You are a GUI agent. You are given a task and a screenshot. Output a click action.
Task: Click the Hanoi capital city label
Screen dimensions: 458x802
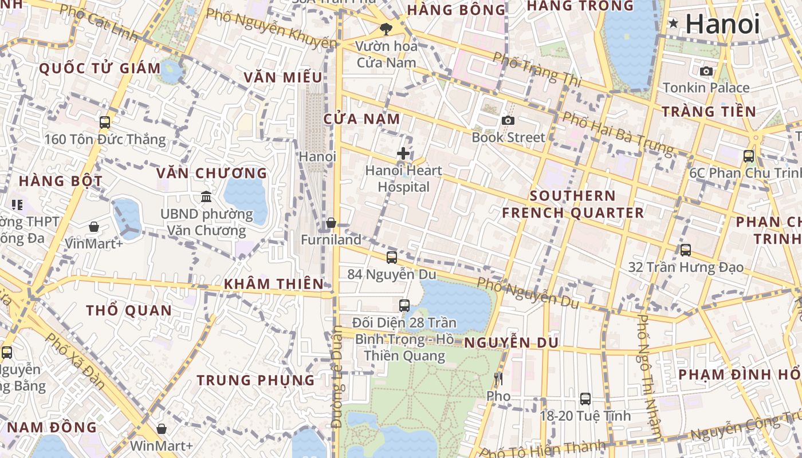point(722,24)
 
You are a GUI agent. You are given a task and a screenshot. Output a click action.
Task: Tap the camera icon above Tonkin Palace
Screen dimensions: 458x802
point(706,72)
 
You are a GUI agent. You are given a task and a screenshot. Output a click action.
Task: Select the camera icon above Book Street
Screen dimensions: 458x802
point(508,120)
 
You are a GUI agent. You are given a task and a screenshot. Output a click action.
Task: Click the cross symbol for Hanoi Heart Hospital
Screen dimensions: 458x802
point(403,153)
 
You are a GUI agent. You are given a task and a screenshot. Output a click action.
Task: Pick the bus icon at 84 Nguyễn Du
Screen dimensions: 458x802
point(392,258)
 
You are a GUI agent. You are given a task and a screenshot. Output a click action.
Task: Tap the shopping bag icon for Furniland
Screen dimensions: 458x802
point(331,223)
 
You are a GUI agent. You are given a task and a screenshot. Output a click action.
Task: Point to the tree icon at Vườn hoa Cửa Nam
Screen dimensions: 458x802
point(386,29)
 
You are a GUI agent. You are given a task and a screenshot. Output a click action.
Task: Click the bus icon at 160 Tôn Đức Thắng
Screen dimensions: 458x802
point(105,122)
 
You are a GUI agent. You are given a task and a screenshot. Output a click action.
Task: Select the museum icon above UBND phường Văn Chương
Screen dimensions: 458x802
point(206,197)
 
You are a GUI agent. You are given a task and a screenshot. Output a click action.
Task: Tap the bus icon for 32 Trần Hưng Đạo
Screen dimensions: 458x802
point(686,250)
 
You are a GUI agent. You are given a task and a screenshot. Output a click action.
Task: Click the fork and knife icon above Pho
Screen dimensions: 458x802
point(498,378)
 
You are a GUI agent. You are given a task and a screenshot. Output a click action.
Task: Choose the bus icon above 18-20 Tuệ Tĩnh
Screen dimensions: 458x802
point(585,398)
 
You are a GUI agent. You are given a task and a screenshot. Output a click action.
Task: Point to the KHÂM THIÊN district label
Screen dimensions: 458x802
point(274,284)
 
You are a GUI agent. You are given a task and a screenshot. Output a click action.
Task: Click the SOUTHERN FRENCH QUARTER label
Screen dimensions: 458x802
point(572,204)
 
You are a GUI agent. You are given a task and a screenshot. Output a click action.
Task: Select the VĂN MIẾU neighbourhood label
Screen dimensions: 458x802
point(283,77)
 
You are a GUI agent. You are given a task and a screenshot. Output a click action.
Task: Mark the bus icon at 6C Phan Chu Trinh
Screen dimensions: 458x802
point(749,156)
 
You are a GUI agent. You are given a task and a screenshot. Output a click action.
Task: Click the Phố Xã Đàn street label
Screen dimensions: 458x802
point(75,361)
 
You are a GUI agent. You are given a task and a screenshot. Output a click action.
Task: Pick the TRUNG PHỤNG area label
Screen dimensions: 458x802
point(255,380)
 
